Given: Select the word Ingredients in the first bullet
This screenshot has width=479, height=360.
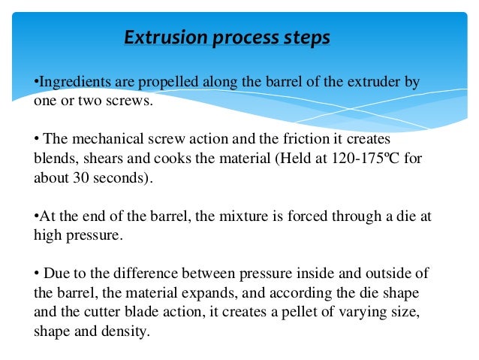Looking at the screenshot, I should (71, 81).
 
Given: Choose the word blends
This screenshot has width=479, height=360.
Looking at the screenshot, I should (53, 159).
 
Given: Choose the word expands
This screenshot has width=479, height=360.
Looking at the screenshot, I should (185, 292).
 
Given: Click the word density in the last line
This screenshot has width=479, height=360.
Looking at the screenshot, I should (128, 331).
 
